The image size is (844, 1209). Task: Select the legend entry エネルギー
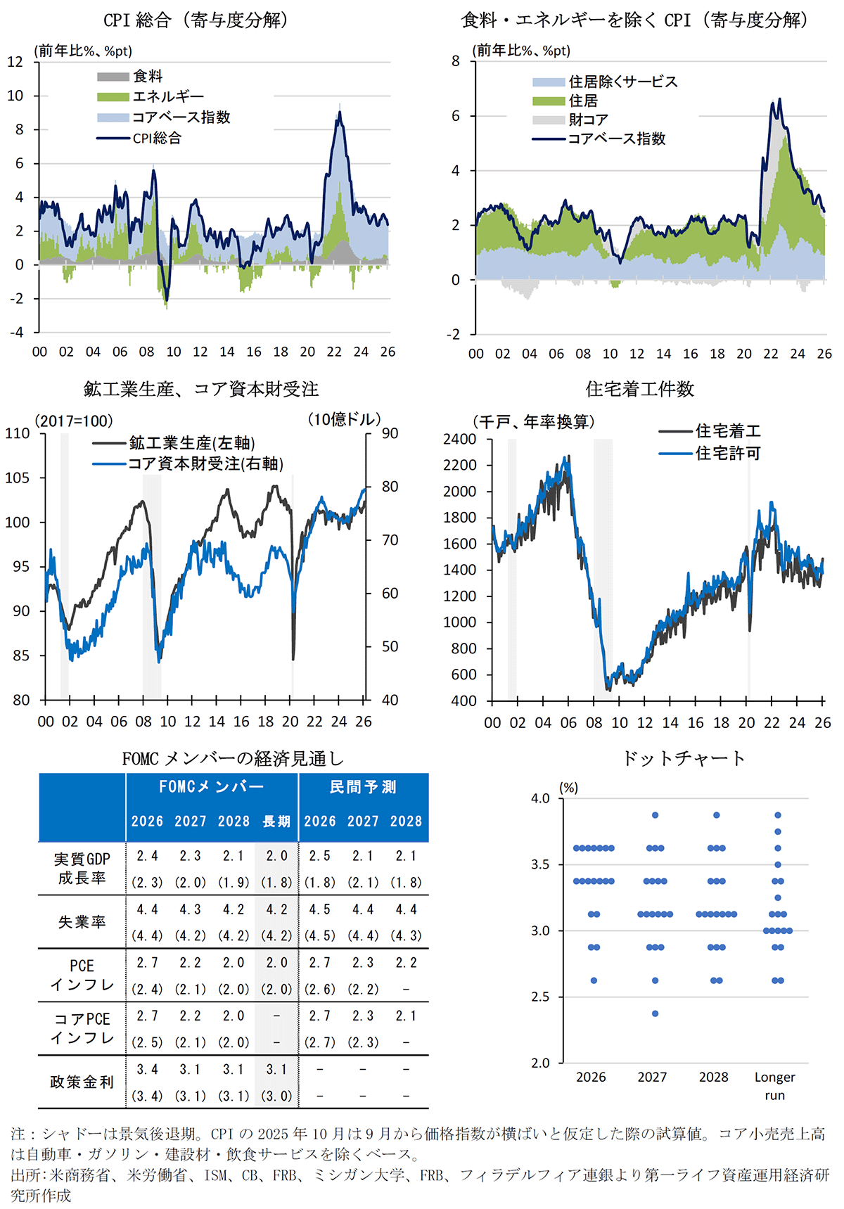tap(167, 96)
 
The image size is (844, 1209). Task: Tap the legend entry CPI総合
tap(156, 138)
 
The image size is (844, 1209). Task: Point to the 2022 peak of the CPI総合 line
tap(340, 113)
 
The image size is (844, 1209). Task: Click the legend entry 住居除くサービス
tap(622, 82)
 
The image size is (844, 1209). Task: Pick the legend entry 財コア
tap(588, 120)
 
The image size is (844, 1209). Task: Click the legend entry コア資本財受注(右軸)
tap(205, 463)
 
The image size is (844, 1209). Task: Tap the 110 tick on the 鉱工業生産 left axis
tap(18, 433)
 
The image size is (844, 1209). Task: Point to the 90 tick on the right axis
tap(390, 433)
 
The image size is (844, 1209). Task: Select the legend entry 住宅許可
tap(728, 454)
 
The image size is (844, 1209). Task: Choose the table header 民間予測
tap(363, 787)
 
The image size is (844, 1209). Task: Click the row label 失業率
tap(82, 921)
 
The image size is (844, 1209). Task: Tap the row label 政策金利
tap(82, 1082)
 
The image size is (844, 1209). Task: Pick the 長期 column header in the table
tap(276, 821)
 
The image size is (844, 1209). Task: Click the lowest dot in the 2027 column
tap(655, 1013)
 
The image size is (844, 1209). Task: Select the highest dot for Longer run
tap(778, 815)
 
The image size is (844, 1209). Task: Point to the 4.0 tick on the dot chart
tap(540, 798)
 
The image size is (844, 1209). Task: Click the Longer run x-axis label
tap(774, 1085)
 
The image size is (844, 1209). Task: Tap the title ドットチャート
tap(684, 757)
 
